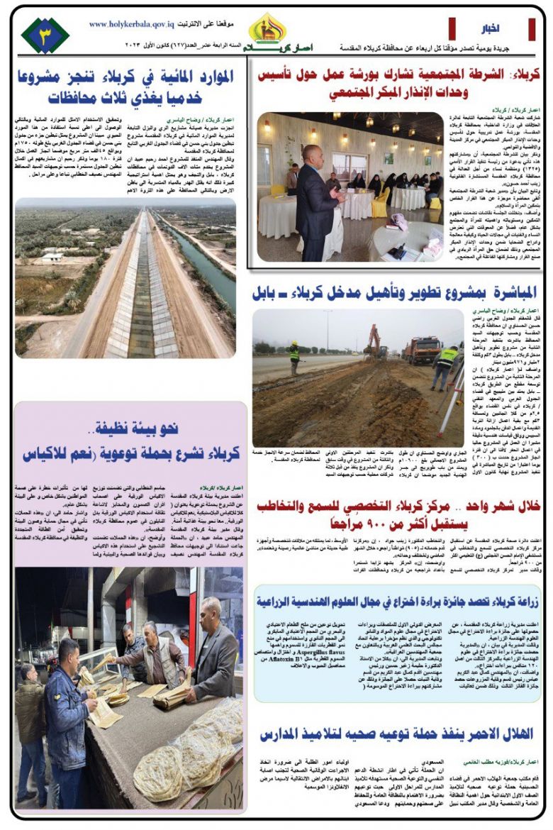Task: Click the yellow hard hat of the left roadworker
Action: [x=294, y=344]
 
